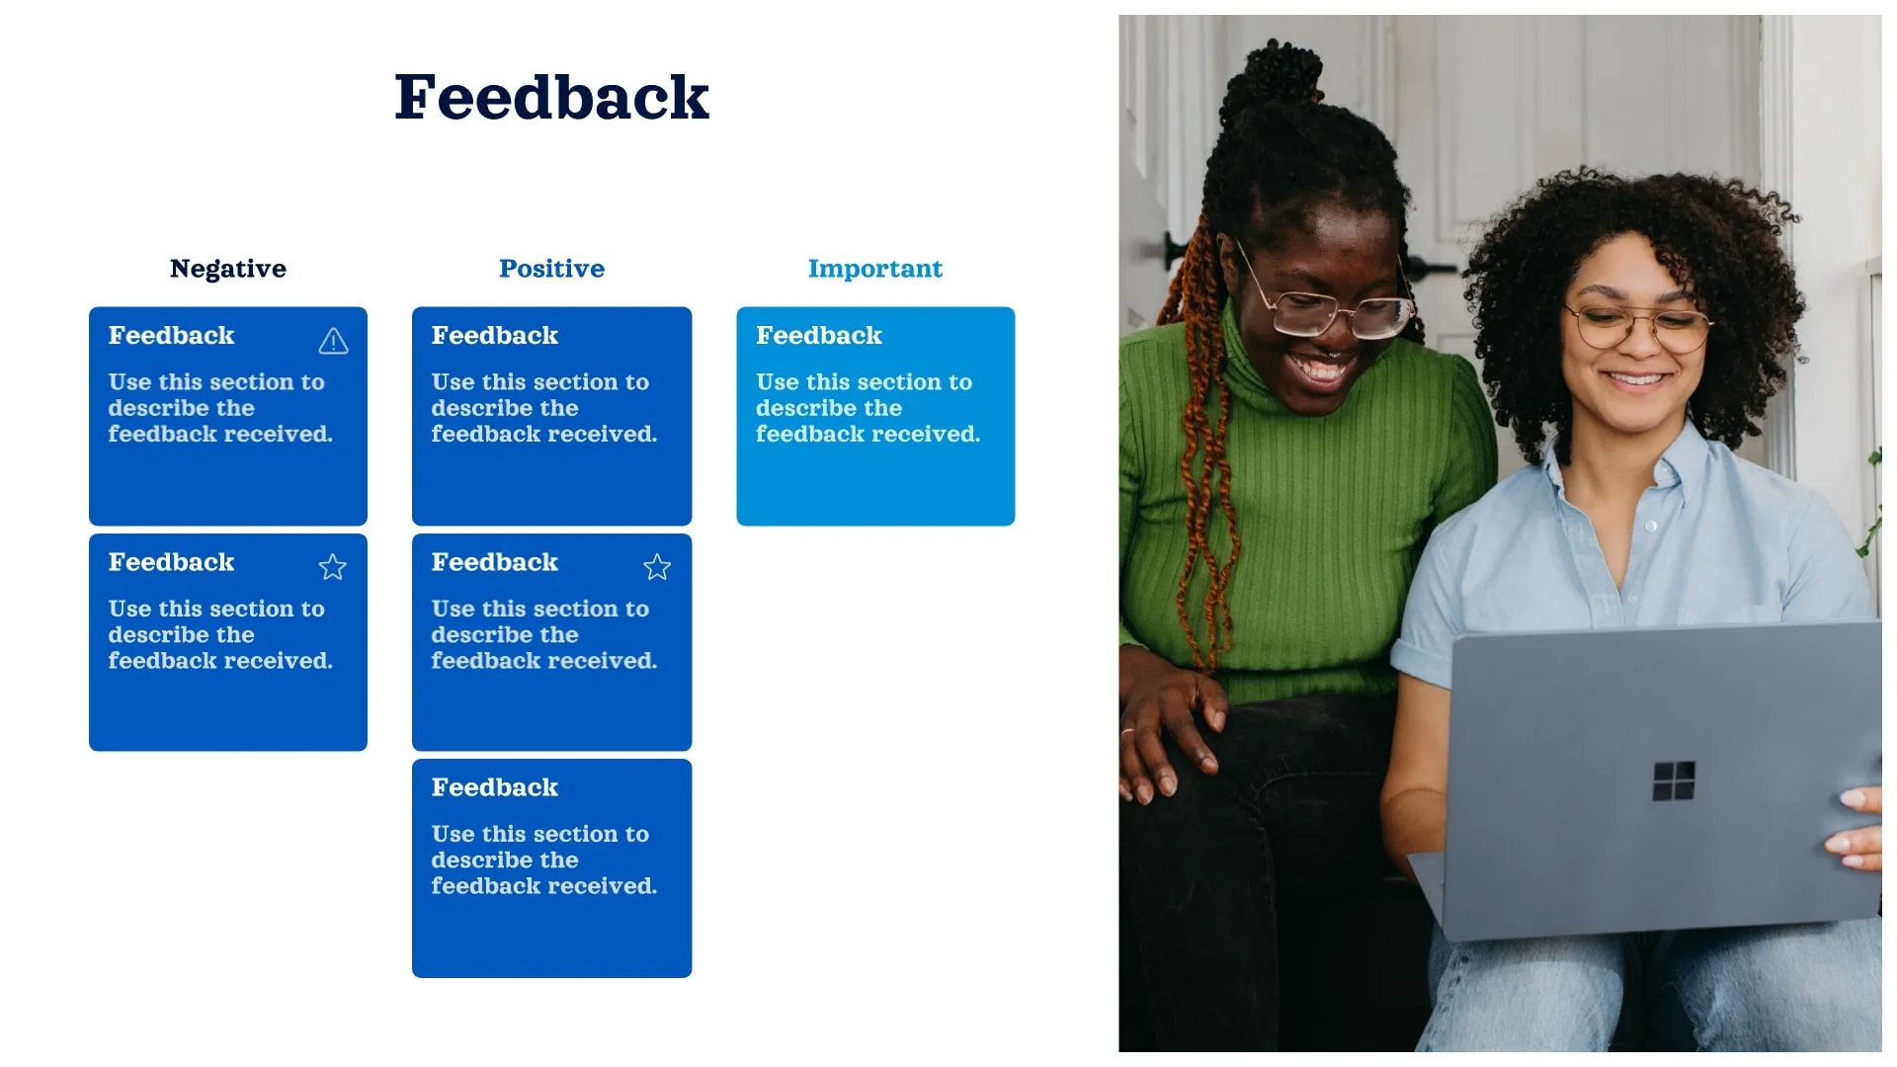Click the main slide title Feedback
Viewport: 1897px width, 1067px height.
click(551, 98)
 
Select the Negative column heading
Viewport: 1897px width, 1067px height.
click(227, 269)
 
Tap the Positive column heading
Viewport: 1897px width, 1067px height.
click(551, 269)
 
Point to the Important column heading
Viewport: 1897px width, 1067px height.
click(874, 269)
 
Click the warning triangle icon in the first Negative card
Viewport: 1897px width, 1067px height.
click(333, 342)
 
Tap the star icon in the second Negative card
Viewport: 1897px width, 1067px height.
click(333, 567)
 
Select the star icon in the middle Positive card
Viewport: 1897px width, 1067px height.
click(657, 567)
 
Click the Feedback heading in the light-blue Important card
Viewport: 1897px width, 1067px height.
click(818, 336)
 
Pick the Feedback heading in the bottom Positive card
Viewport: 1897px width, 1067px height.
click(494, 787)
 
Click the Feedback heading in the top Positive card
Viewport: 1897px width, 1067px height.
click(494, 336)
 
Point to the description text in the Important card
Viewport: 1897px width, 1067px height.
click(866, 408)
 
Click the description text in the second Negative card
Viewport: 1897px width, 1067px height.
click(219, 634)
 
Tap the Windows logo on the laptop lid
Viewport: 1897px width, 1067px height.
click(1673, 780)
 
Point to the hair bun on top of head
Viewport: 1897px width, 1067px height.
click(1275, 74)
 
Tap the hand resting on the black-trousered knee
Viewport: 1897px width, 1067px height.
click(1166, 731)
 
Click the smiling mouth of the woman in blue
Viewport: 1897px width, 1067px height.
click(1635, 379)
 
